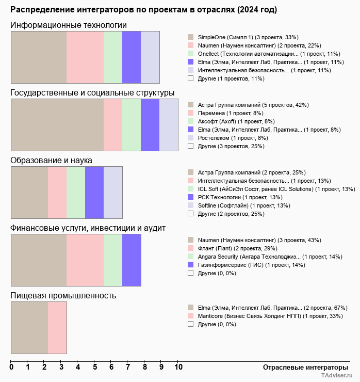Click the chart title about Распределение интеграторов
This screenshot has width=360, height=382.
pyautogui.click(x=143, y=10)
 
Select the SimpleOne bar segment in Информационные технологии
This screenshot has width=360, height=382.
pyautogui.click(x=39, y=57)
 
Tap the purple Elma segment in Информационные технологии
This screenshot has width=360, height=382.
pyautogui.click(x=132, y=57)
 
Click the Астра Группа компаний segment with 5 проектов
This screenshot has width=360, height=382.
pyautogui.click(x=57, y=125)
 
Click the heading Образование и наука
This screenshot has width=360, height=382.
pyautogui.click(x=52, y=161)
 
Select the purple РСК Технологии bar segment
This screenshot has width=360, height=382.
pyautogui.click(x=94, y=193)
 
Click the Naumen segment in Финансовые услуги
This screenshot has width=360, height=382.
pyautogui.click(x=39, y=260)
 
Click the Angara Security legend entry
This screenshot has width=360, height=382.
pyautogui.click(x=270, y=257)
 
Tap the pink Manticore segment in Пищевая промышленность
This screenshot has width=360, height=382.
pyautogui.click(x=57, y=328)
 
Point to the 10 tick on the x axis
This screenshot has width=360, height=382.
pyautogui.click(x=178, y=368)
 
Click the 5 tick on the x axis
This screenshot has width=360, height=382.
pyautogui.click(x=95, y=368)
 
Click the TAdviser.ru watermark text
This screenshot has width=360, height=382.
pyautogui.click(x=337, y=376)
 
